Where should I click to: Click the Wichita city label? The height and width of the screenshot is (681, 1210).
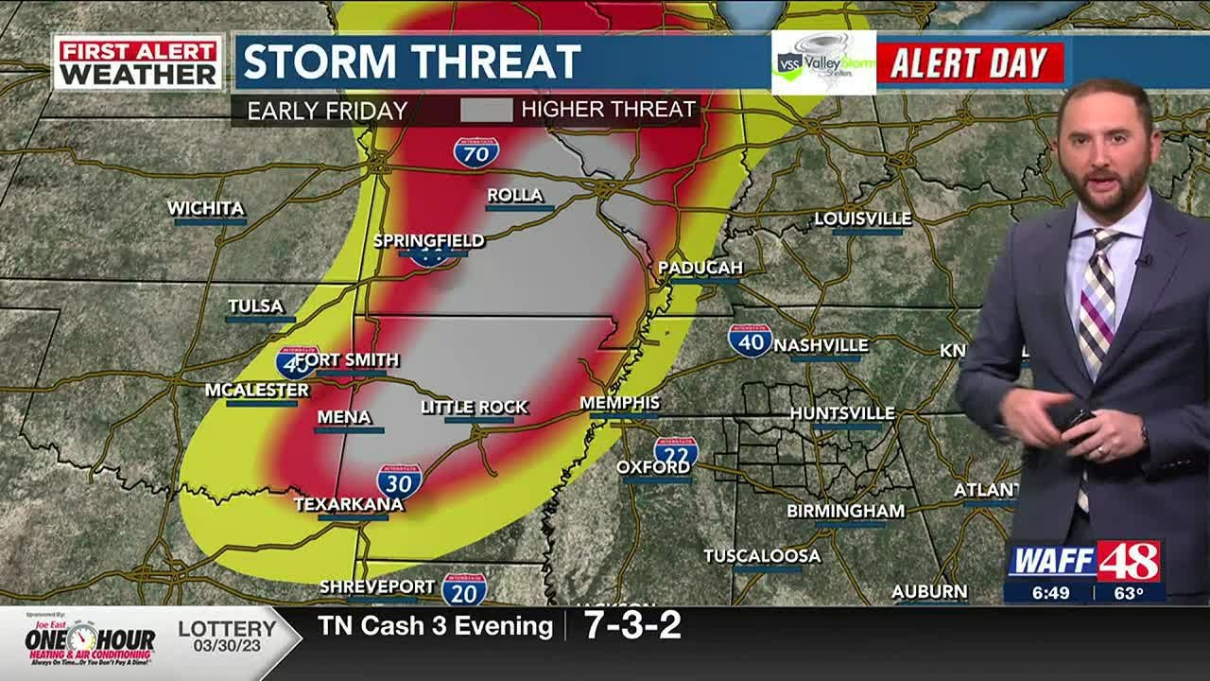coord(206,209)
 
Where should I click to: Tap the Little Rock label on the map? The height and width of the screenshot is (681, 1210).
coord(475,408)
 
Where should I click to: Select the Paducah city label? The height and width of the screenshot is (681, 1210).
coord(700,269)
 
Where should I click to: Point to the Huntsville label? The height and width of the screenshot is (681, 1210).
coord(842,413)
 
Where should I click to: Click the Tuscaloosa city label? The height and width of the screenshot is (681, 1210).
coord(762,556)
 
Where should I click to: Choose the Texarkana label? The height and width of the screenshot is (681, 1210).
coord(349,505)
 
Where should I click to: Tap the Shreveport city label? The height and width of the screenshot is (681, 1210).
coord(377,587)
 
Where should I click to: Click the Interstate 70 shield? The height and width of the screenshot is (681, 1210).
coord(475,152)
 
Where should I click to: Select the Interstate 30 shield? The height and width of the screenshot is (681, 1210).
coord(399,480)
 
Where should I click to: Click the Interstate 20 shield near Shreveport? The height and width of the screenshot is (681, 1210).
coord(464,589)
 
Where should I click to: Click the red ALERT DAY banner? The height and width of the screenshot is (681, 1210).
coord(970,63)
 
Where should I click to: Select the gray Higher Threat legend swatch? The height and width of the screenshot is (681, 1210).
coord(486,110)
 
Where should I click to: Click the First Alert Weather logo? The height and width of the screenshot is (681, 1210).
coord(138,63)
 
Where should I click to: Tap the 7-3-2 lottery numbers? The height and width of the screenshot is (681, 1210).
coord(632,626)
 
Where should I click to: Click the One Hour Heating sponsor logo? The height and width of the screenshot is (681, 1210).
coord(90,643)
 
